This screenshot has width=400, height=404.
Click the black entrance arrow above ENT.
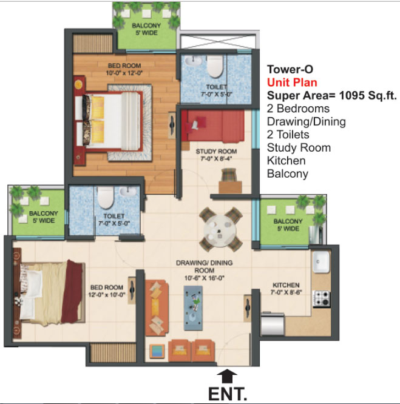tap(227, 377)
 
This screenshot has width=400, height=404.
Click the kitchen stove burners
tap(322, 298)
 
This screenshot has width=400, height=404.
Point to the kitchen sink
tap(321, 262)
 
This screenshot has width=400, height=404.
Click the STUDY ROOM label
tap(216, 151)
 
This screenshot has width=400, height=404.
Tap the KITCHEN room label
tap(286, 285)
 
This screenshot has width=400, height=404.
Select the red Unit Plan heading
tap(292, 82)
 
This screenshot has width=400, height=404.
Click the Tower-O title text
tap(290, 69)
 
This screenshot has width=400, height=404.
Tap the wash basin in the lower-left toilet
tap(128, 191)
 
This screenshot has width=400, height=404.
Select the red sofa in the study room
tap(213, 126)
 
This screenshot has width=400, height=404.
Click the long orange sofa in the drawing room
tap(156, 308)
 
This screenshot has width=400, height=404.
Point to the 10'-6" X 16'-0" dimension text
tap(205, 278)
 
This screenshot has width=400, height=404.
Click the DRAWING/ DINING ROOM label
tap(205, 266)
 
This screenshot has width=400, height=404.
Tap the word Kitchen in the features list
tap(286, 161)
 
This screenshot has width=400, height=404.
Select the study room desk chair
tap(229, 175)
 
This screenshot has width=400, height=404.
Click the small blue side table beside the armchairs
tap(157, 351)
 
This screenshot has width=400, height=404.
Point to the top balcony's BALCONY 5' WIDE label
tap(146, 29)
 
